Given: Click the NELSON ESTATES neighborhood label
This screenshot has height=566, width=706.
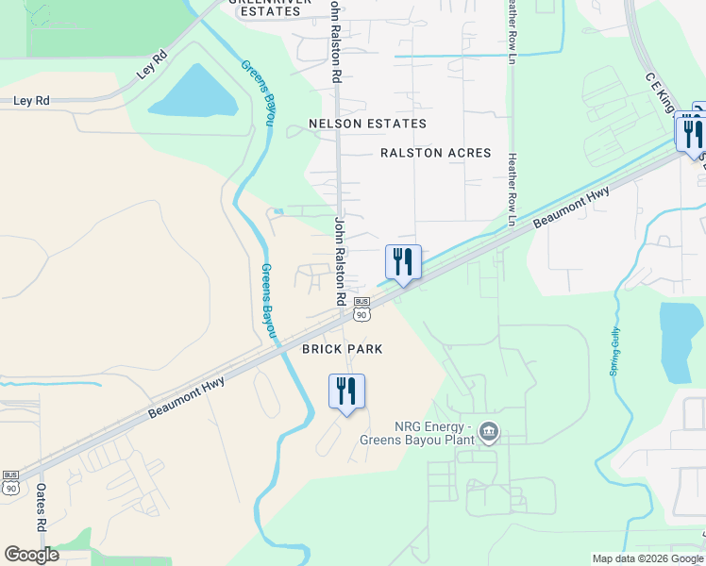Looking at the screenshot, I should pos(368,124).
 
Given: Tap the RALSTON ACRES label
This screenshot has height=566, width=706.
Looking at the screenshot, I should pos(436,153).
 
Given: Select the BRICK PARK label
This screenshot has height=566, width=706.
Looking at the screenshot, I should pos(342,349).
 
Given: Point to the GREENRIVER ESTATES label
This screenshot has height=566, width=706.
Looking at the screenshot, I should pos(271,6).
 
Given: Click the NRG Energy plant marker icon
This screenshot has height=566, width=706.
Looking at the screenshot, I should pos(488,432).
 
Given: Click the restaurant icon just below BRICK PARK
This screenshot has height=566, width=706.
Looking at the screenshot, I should pos(346,391).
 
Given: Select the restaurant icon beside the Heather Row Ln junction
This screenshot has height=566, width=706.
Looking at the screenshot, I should pos(403,261).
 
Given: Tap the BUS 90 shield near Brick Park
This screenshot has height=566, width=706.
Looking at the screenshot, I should pos(361,308).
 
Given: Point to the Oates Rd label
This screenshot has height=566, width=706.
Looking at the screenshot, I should pos(42,510).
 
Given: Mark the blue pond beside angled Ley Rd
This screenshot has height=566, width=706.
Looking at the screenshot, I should pos(196,92).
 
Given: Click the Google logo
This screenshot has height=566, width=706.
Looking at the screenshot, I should pos(31,554).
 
